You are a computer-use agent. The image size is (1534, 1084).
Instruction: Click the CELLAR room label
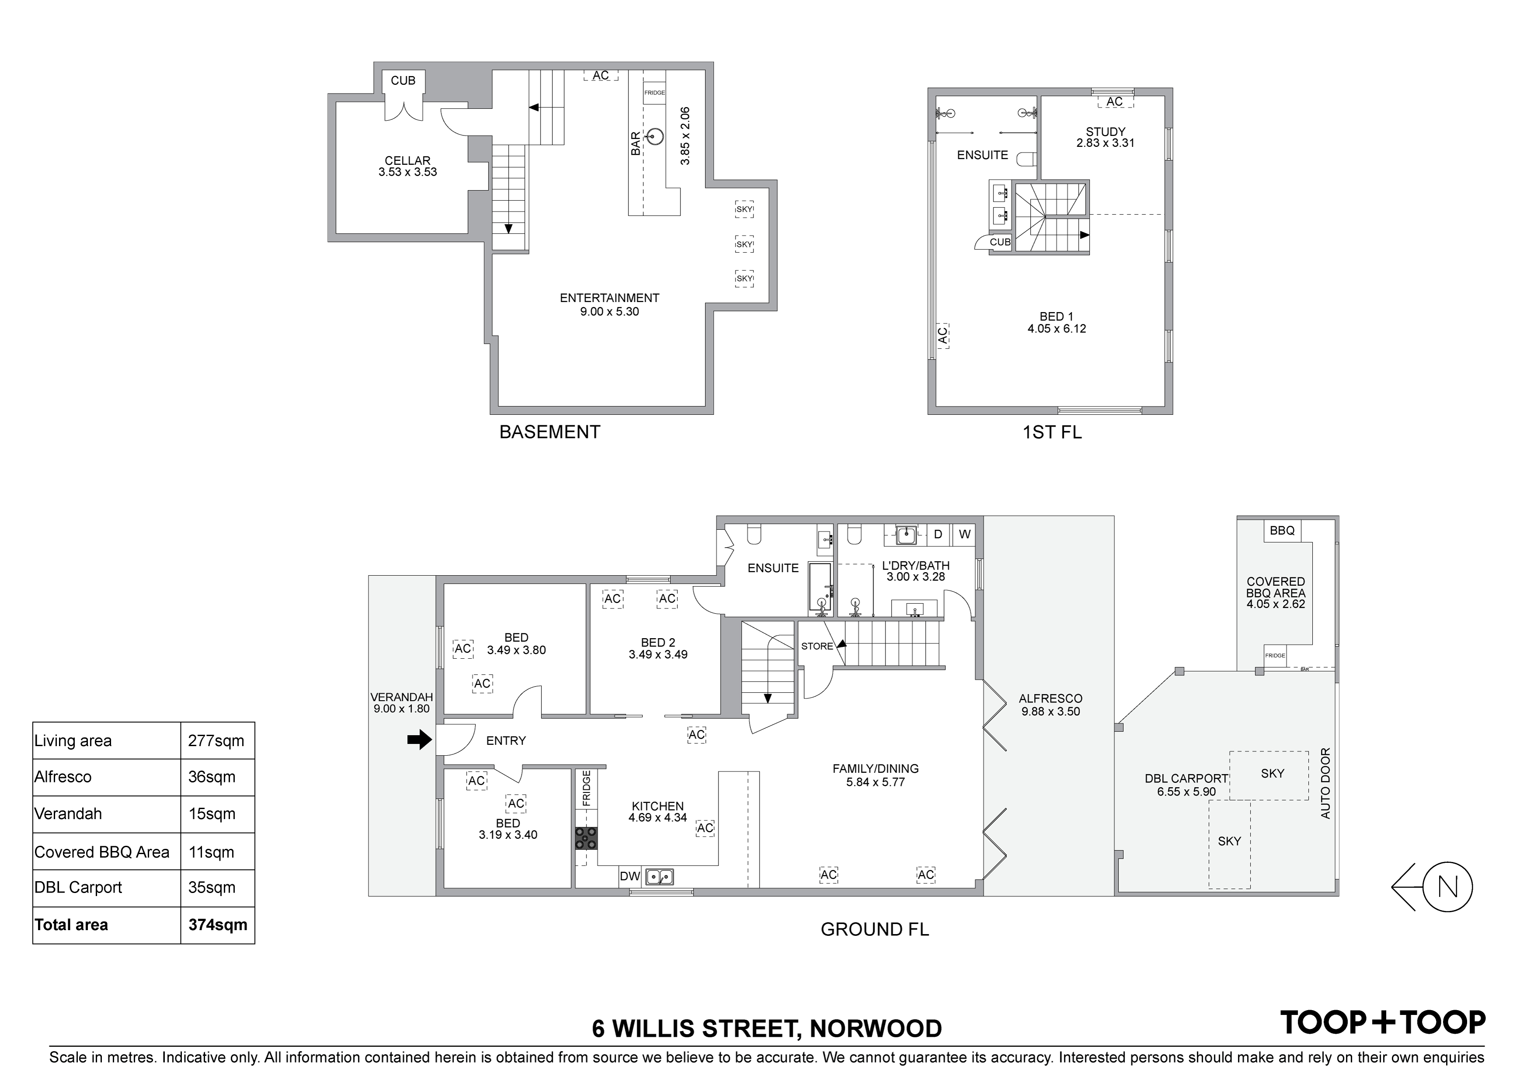[408, 161]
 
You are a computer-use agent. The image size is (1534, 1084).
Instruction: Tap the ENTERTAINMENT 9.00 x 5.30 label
[609, 305]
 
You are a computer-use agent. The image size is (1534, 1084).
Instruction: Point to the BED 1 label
[1056, 316]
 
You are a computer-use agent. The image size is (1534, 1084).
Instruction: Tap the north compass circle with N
[1447, 887]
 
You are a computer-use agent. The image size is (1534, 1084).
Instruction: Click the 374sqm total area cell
[218, 924]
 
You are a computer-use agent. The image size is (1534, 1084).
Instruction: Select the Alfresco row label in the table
[63, 777]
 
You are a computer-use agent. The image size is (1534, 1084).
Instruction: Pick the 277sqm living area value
[216, 741]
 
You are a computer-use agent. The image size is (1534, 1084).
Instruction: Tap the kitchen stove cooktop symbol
[586, 838]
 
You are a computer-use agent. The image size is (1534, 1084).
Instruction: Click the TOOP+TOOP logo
[1382, 1022]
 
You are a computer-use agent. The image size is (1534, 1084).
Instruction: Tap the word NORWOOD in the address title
[876, 1028]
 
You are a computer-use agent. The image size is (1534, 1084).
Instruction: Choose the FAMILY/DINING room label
[875, 769]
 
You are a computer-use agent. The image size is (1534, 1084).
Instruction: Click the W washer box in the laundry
[964, 534]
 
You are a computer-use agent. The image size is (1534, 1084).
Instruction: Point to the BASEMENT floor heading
[550, 432]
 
